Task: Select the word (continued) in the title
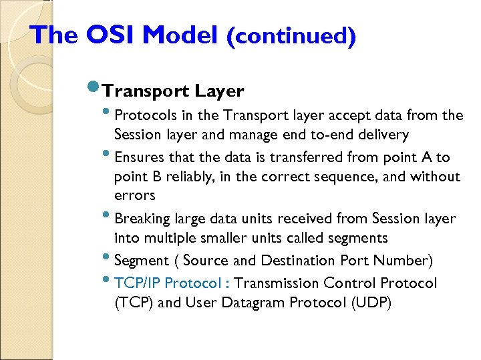(x=291, y=35)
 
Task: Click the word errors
(x=134, y=195)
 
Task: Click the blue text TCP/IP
(x=137, y=283)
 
